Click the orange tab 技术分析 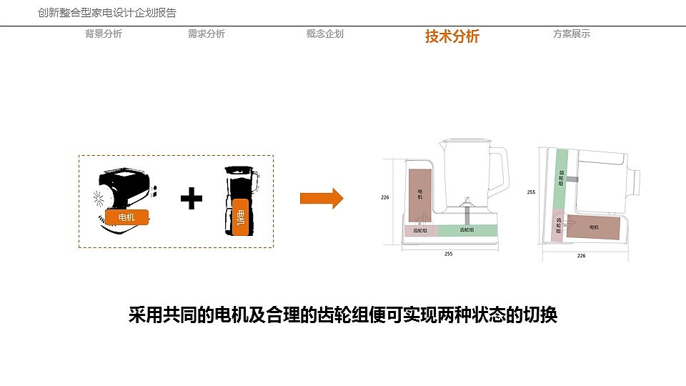pos(452,36)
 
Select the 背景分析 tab pos(104,34)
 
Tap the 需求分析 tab pos(206,34)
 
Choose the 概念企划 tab pos(324,34)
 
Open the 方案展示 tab pos(571,34)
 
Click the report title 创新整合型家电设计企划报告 pos(107,13)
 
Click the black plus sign pos(192,198)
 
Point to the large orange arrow pos(322,198)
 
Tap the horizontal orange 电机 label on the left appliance pos(126,217)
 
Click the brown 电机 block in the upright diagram pos(420,194)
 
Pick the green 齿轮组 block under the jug pos(466,230)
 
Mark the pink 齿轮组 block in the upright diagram pos(420,230)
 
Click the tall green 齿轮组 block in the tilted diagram pos(562,179)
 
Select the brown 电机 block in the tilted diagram pos(593,227)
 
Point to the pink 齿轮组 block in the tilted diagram pos(558,226)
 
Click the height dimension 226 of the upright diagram pos(384,197)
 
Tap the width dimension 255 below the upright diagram pos(448,254)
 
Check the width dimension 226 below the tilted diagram pos(581,255)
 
